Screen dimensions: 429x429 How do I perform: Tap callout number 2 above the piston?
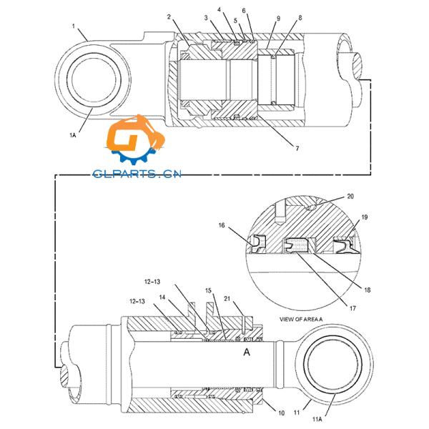[168, 16]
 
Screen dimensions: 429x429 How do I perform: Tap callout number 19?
[364, 216]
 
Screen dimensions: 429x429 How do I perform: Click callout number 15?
[209, 291]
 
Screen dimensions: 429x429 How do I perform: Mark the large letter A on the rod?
[247, 352]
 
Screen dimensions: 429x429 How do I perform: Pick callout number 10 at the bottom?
[281, 413]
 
